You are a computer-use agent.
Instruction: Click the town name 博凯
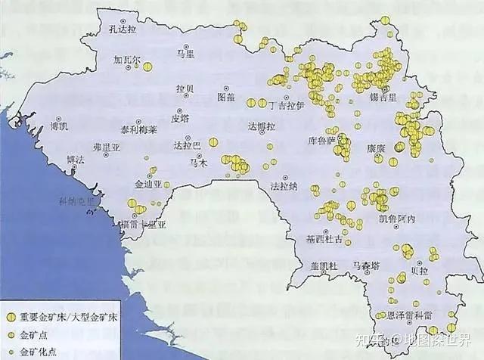pyautogui.click(x=58, y=126)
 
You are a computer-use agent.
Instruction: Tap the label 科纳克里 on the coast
pyautogui.click(x=79, y=202)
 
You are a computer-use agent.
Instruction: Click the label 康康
pyautogui.click(x=377, y=148)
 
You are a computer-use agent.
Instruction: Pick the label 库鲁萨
pyautogui.click(x=322, y=141)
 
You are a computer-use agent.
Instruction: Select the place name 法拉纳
pyautogui.click(x=284, y=185)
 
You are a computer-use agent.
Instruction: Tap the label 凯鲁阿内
pyautogui.click(x=397, y=219)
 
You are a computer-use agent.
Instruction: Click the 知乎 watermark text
pyautogui.click(x=378, y=340)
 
